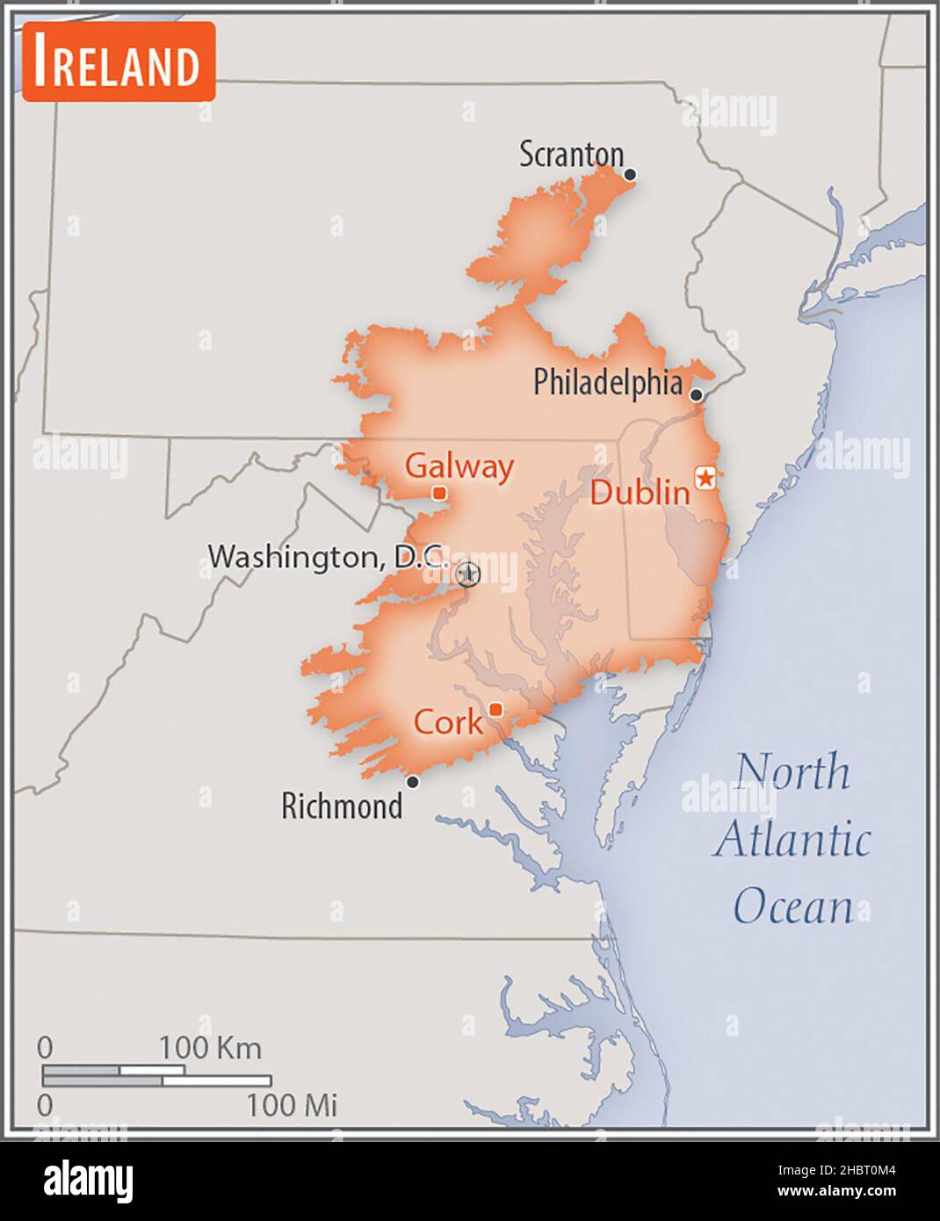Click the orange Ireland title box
click(x=119, y=61)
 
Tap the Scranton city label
click(x=571, y=155)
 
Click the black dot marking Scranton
click(x=630, y=175)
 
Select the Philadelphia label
click(x=608, y=382)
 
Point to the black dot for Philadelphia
click(x=697, y=395)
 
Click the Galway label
click(x=459, y=466)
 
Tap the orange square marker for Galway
click(x=439, y=494)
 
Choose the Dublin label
click(x=640, y=492)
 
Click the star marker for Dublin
click(x=705, y=478)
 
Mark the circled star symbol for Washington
click(x=468, y=574)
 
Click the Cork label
click(x=448, y=722)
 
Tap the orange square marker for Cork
click(x=496, y=710)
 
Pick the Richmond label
click(x=342, y=806)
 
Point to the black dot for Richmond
click(x=412, y=782)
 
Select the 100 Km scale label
click(x=210, y=1047)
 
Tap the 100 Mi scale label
click(x=292, y=1105)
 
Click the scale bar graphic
click(x=156, y=1075)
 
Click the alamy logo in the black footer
click(x=88, y=1181)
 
